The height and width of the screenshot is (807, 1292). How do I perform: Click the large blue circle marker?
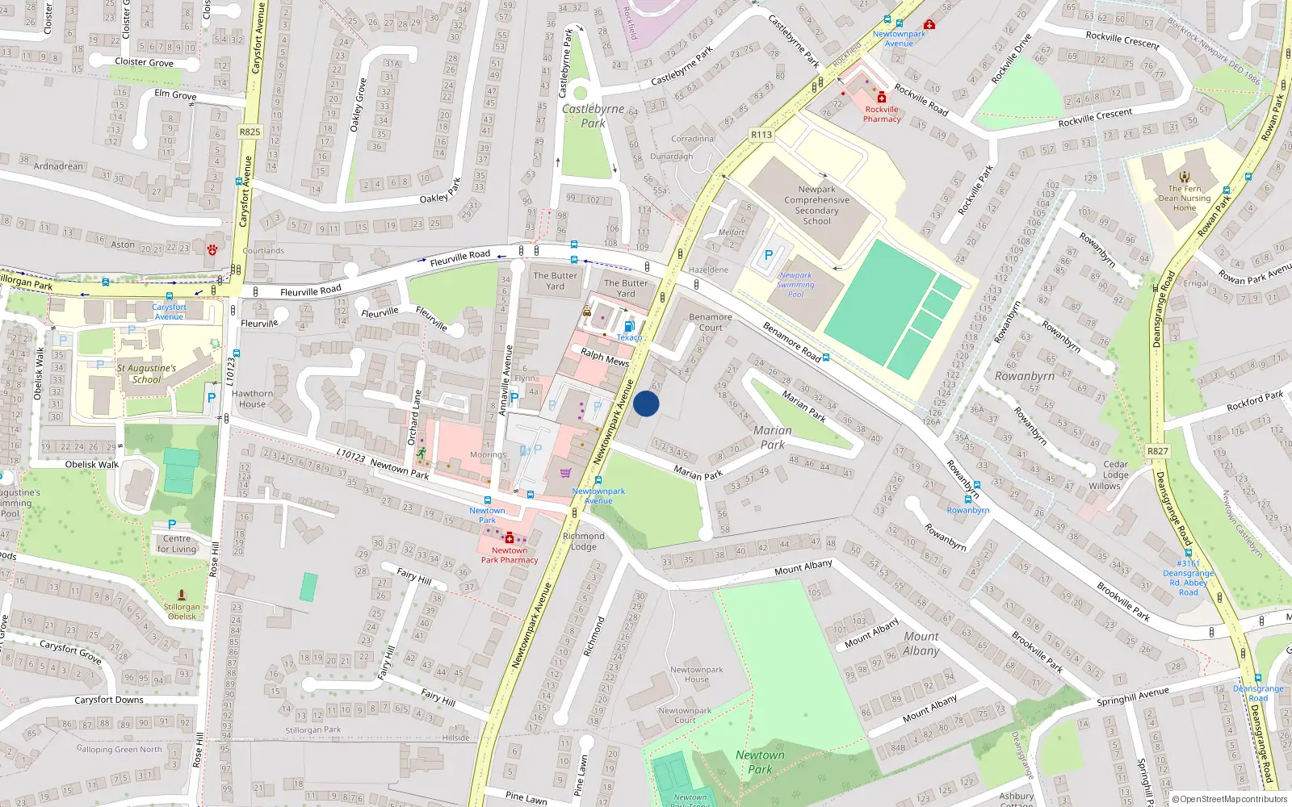(646, 403)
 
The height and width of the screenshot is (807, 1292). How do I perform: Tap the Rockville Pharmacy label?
(882, 114)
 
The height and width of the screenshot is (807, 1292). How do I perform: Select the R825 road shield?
(250, 132)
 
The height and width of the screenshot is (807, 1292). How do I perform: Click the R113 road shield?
(761, 135)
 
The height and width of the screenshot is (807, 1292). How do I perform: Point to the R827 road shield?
(1157, 451)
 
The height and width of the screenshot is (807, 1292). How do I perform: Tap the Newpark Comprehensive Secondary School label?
(816, 205)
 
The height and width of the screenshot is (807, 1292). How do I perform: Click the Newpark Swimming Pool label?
(795, 284)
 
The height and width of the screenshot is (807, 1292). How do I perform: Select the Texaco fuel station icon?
(629, 326)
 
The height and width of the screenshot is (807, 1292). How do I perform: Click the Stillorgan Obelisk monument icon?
(181, 595)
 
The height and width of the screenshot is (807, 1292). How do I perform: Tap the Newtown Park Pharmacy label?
(509, 554)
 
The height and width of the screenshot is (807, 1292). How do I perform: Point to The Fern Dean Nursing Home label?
(1184, 198)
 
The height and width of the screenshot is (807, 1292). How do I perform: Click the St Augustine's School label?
(146, 374)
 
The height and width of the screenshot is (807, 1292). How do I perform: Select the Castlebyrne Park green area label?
(593, 115)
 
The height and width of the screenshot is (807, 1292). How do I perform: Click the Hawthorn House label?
(252, 399)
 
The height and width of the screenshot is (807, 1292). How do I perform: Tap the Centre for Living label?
(177, 543)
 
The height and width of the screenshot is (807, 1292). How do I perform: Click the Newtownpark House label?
(696, 674)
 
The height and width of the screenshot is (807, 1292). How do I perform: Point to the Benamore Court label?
(710, 322)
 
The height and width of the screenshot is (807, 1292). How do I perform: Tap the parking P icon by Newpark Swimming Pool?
(768, 255)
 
